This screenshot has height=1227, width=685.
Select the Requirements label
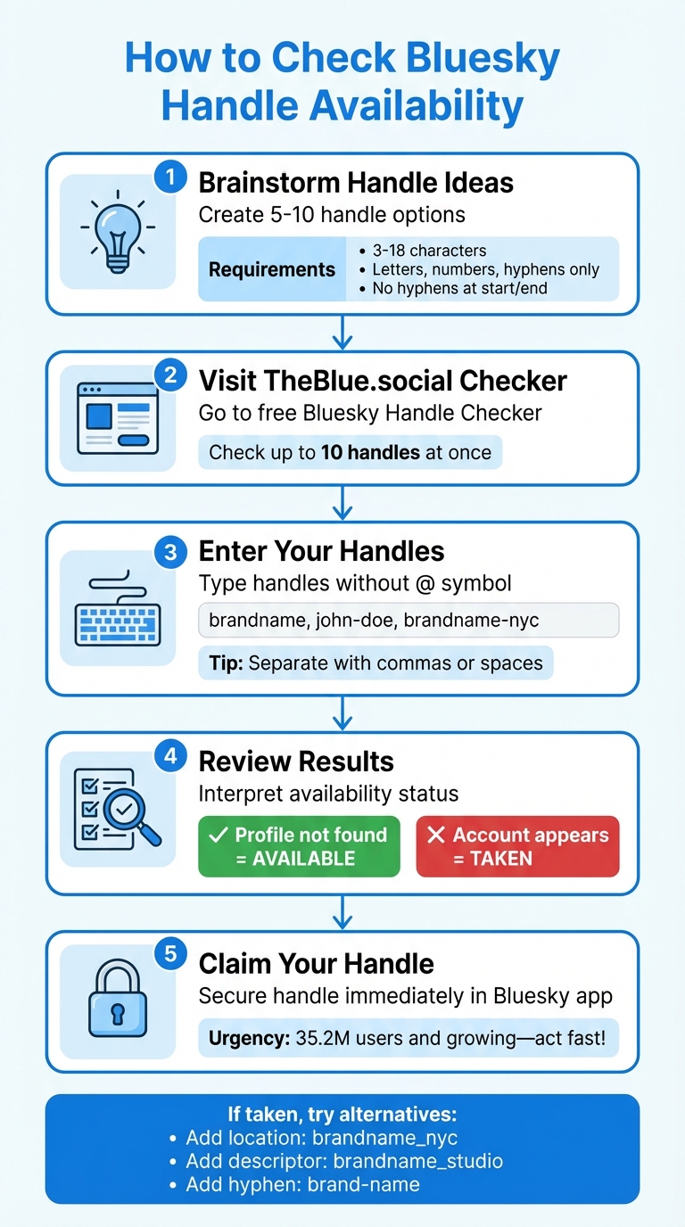pos(272,269)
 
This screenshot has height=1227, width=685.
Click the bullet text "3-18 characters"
pos(430,251)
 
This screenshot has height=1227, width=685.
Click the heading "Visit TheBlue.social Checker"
pos(383,381)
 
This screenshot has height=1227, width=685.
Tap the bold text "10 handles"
pos(370,452)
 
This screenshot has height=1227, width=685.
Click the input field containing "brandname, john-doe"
pos(408,620)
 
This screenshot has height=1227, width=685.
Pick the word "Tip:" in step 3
pos(227,663)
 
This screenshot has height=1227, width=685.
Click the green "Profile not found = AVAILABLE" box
pos(299,846)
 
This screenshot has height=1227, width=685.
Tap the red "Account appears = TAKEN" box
pos(517,846)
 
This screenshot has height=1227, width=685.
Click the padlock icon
pos(117,1001)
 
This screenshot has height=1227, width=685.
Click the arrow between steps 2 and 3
pos(342,503)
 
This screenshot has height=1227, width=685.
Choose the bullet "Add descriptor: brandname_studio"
pos(344,1161)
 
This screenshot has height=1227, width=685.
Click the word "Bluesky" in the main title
pos(486,59)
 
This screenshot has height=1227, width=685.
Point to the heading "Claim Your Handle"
pos(316,964)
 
